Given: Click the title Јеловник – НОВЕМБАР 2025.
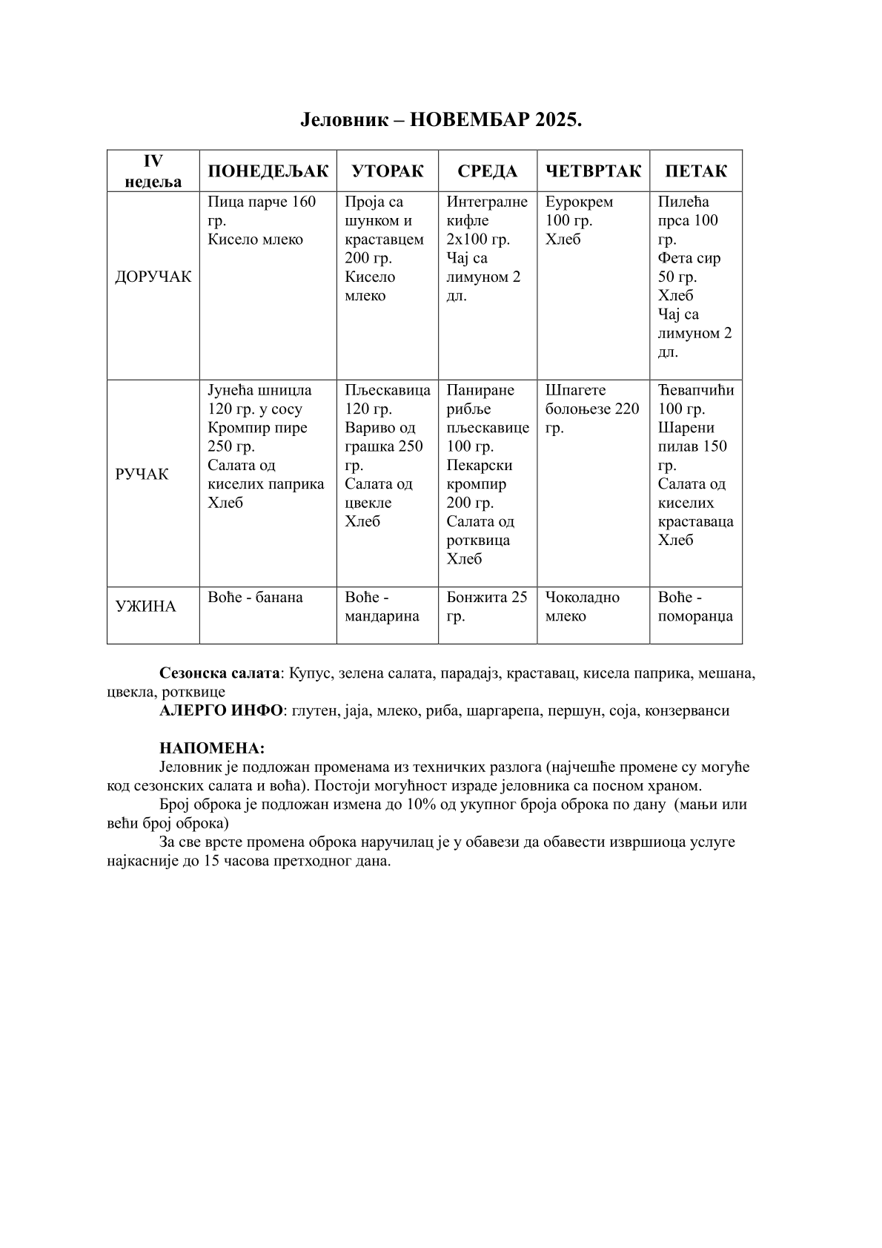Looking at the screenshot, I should [441, 120].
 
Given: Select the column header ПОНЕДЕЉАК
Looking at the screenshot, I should [268, 171].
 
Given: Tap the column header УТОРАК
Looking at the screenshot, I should [388, 171].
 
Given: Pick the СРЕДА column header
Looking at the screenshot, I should [487, 171].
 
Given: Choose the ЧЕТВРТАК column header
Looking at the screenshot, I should [593, 171].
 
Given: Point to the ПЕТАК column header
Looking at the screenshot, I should [696, 171].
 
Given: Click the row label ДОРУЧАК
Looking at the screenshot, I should [153, 277].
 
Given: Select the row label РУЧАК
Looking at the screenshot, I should [142, 475].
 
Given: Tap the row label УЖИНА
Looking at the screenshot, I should [146, 607].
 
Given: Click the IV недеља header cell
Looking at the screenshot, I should [153, 171].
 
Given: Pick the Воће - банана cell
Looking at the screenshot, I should [256, 598].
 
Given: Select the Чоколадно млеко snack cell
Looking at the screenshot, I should [583, 607].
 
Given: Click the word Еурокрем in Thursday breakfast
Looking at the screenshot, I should [579, 202].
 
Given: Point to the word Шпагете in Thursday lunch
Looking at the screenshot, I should [575, 391].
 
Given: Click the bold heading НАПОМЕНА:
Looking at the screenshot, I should [212, 748].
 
